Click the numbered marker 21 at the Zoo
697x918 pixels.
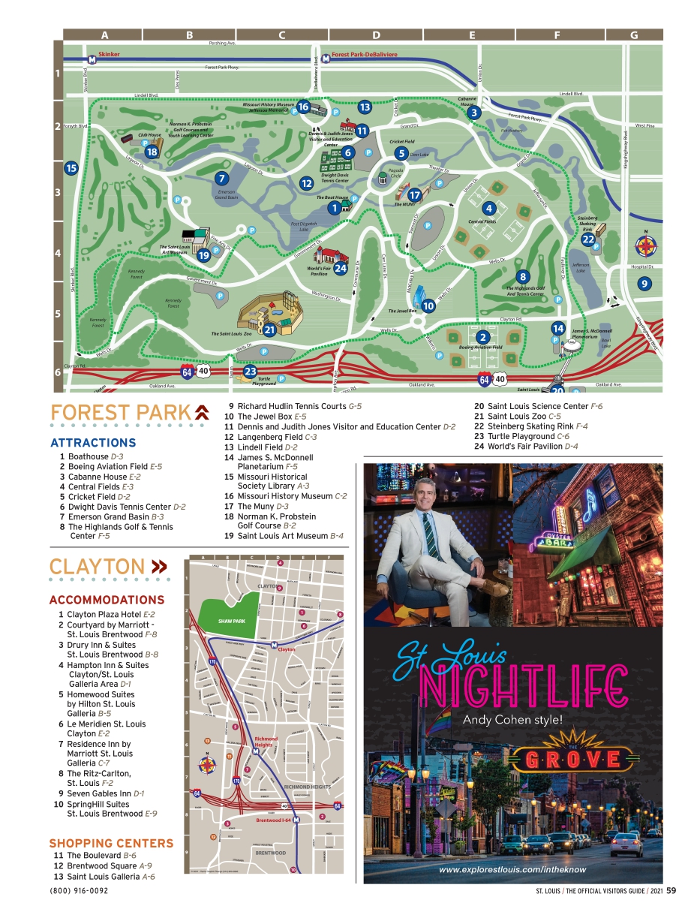coord(270,329)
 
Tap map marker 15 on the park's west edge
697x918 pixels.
coord(71,168)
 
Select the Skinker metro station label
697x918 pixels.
coord(109,55)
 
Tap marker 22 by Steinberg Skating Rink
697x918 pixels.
coord(588,239)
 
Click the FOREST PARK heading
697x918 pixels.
coord(120,413)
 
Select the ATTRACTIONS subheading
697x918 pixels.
coord(93,443)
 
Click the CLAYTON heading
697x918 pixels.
coord(98,567)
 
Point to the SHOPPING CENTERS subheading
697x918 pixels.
coord(111,843)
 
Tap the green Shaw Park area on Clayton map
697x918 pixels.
coord(232,620)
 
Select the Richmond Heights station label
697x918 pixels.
coord(266,741)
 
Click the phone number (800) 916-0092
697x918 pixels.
coord(79,891)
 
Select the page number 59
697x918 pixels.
coord(671,891)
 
